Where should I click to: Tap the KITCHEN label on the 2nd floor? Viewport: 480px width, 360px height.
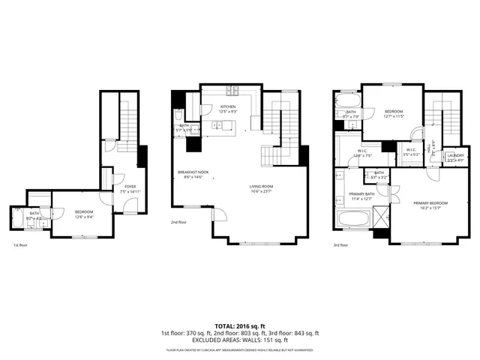coord(227,107)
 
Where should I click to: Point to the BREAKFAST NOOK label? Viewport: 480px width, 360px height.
coord(193,172)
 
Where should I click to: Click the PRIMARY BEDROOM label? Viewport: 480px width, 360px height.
coord(430,202)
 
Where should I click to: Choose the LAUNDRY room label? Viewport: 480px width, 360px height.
coord(455,155)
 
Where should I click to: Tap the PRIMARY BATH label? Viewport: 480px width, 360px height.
coord(361,194)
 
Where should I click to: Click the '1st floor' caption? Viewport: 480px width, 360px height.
coord(20,244)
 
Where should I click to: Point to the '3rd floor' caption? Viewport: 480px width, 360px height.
coord(342,244)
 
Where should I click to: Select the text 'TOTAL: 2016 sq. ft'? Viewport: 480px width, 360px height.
coord(239,325)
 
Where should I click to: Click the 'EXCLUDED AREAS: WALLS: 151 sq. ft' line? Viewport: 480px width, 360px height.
coord(239,340)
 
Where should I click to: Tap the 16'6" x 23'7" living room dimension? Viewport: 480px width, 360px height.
coord(262,191)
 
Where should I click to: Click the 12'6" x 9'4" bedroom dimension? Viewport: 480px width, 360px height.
coord(83,217)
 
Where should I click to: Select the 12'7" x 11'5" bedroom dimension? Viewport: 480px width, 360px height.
coord(394,116)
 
